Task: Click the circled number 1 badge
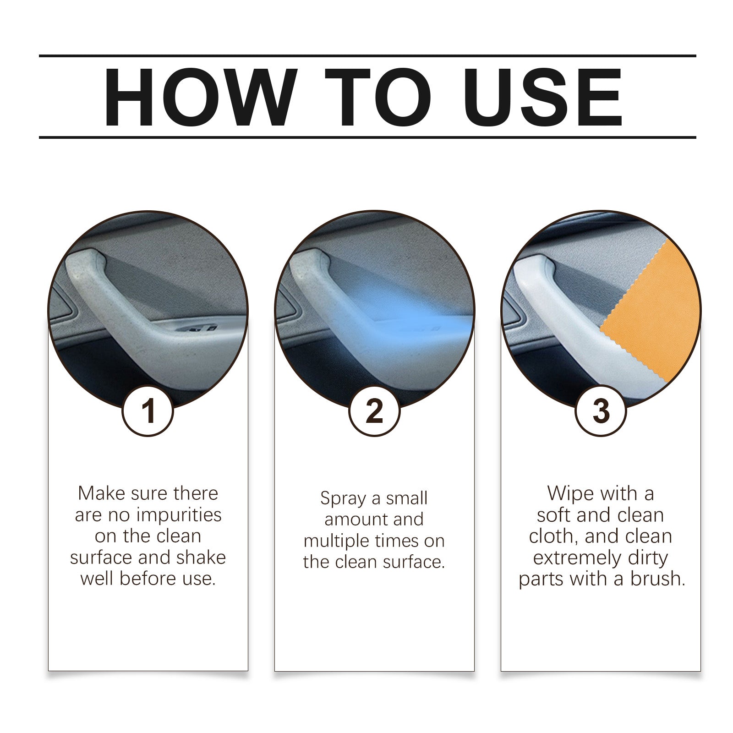pyautogui.click(x=148, y=410)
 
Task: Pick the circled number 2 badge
pyautogui.click(x=374, y=410)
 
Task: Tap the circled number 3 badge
pyautogui.click(x=601, y=410)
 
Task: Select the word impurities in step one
pyautogui.click(x=179, y=515)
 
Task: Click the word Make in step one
pyautogui.click(x=101, y=493)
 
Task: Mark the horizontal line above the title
pyautogui.click(x=366, y=56)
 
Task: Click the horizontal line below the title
pyautogui.click(x=366, y=137)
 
